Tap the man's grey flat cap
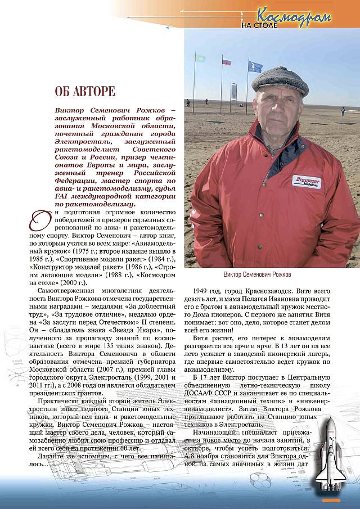click(280, 81)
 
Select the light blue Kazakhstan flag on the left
click(199, 58)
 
